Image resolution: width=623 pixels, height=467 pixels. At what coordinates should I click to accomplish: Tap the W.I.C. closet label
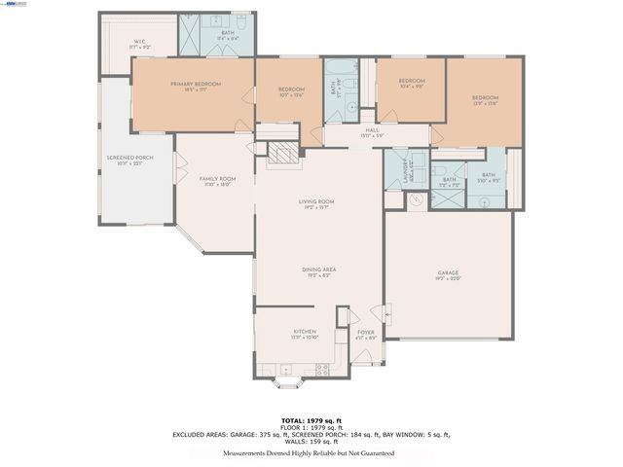point(140,44)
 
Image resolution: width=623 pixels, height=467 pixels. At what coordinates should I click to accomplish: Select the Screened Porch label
point(129,161)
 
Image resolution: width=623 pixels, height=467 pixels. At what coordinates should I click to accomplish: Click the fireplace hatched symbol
point(281,154)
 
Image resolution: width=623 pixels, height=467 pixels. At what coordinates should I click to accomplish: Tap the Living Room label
point(316,204)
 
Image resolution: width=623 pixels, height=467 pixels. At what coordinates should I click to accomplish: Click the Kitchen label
point(305,335)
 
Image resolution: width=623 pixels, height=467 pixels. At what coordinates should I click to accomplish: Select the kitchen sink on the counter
point(285,370)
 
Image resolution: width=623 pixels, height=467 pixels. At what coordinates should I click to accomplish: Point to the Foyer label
point(365,335)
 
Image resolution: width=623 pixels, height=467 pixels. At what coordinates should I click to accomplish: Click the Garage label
point(448,275)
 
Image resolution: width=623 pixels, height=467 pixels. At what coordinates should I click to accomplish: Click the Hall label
point(372,132)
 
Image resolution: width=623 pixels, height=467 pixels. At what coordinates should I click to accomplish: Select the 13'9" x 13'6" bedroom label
point(486,100)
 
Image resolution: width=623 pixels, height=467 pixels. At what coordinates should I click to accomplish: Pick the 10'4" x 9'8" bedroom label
point(411,84)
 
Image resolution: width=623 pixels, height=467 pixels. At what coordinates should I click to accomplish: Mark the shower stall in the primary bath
point(185,34)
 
